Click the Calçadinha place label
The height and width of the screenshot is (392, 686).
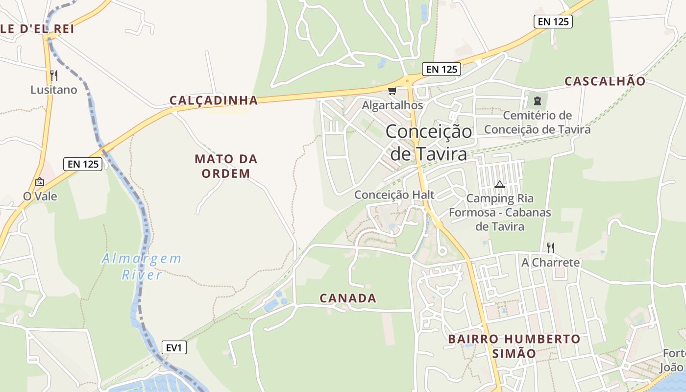214,100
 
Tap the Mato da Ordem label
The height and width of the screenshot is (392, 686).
226,166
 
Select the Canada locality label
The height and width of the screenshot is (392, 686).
348,298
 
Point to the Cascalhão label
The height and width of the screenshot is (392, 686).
605,81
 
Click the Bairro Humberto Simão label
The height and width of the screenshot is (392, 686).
514,346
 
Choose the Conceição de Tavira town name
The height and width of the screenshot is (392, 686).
429,143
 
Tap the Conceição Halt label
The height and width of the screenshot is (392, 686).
394,195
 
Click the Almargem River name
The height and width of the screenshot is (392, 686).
142,266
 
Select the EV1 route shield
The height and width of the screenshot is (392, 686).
174,348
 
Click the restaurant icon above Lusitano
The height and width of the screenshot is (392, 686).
54,75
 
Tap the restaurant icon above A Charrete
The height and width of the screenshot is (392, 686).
551,247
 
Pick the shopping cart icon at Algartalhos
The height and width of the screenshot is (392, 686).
392,91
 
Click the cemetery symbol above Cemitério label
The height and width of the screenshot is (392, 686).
537,101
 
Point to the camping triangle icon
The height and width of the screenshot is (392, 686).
499,185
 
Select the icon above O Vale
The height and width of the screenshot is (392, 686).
40,182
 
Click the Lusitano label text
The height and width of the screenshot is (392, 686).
54,90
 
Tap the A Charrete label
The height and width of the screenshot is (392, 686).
550,262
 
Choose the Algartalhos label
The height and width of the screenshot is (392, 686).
392,105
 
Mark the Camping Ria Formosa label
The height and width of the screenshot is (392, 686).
500,212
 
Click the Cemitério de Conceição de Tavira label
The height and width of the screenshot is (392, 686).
537,122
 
